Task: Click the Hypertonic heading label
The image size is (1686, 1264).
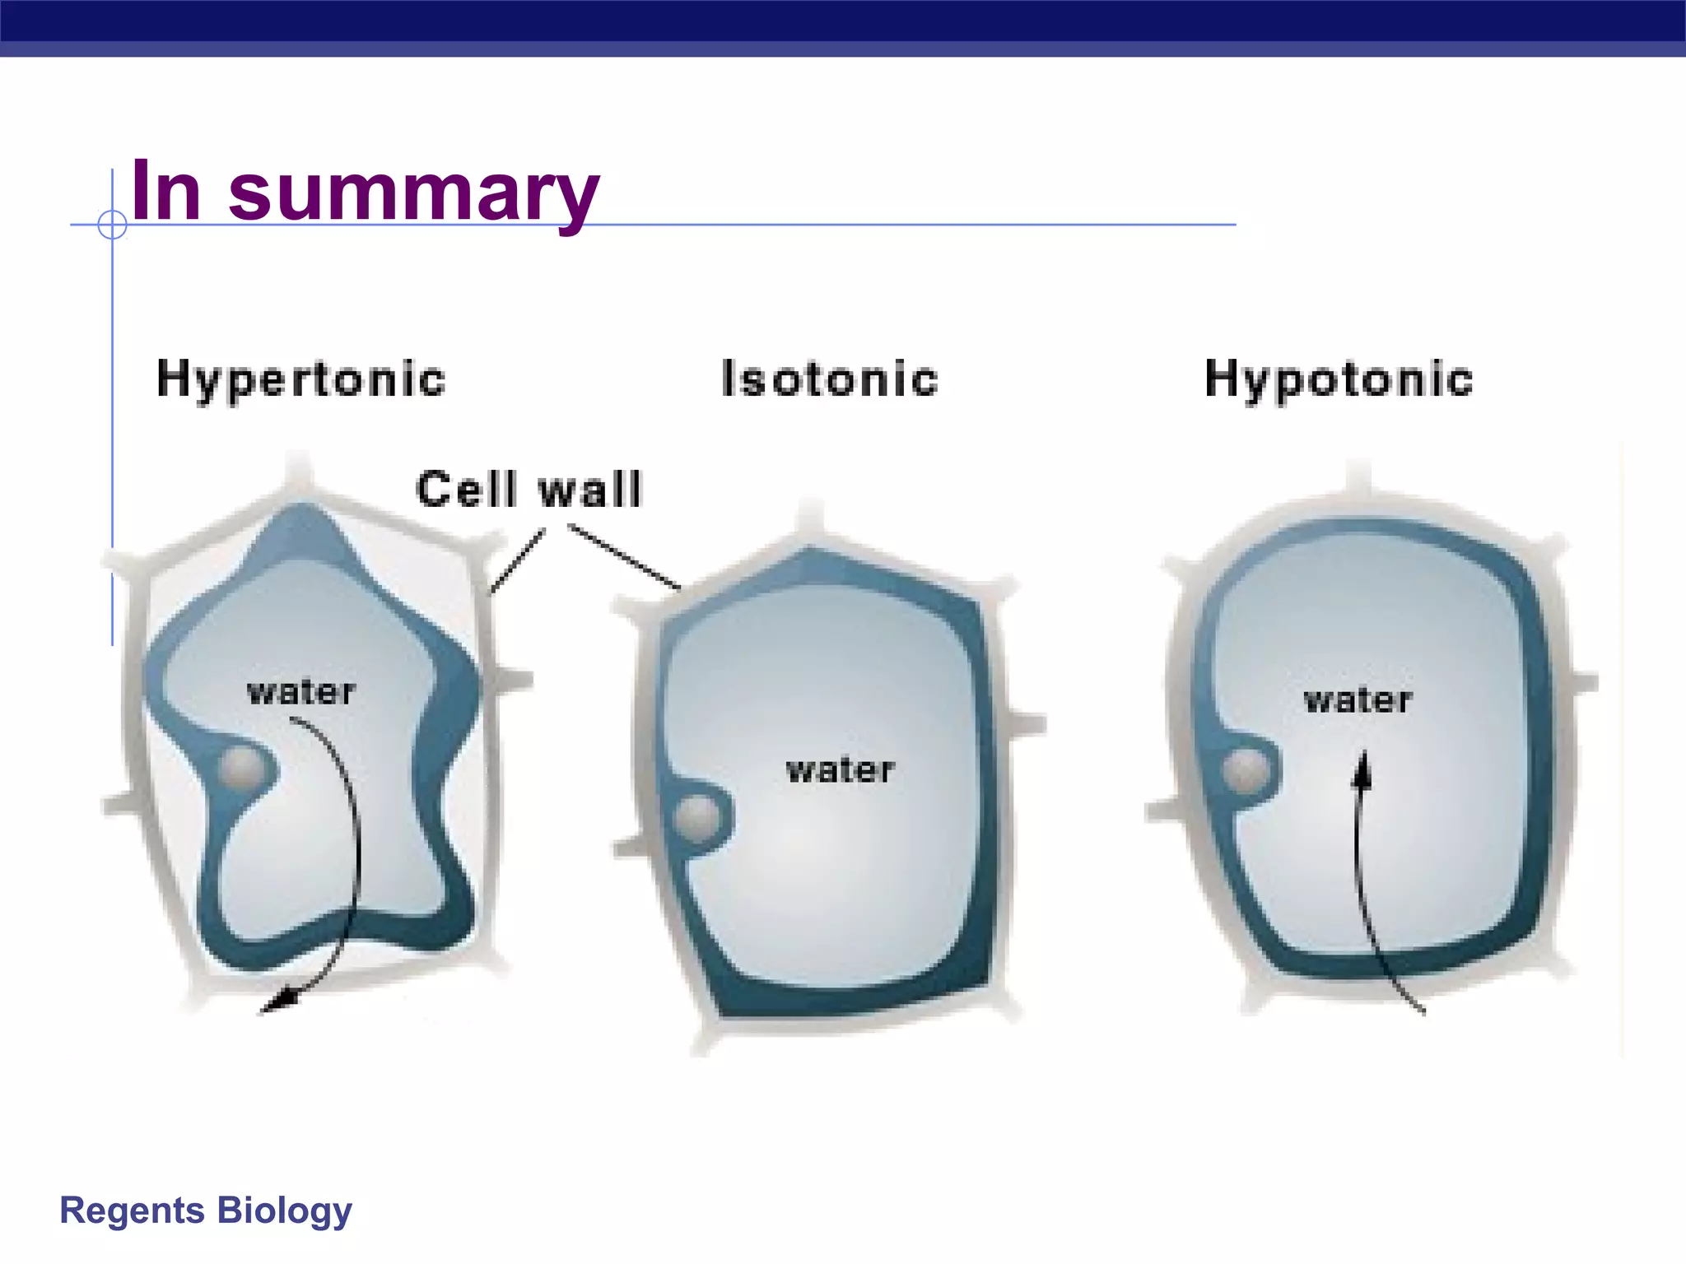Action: click(x=300, y=380)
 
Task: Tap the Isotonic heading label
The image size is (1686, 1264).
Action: click(x=829, y=380)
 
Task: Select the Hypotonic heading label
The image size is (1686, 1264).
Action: click(x=1339, y=380)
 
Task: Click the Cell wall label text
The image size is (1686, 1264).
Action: click(x=529, y=490)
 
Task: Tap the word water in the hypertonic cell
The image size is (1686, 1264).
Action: click(x=301, y=692)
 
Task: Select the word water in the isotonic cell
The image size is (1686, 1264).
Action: click(x=840, y=770)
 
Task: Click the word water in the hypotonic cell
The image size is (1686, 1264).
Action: click(x=1358, y=700)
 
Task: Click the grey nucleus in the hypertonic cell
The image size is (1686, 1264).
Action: click(x=241, y=769)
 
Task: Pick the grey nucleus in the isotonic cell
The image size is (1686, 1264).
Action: click(x=697, y=818)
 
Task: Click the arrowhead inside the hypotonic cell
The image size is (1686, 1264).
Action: click(x=1362, y=771)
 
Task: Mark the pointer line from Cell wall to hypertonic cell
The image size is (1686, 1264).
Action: click(x=517, y=562)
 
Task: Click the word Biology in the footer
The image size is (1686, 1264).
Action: click(x=285, y=1211)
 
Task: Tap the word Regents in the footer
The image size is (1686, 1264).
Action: click(x=132, y=1211)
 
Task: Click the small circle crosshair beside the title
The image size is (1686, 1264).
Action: click(x=112, y=224)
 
